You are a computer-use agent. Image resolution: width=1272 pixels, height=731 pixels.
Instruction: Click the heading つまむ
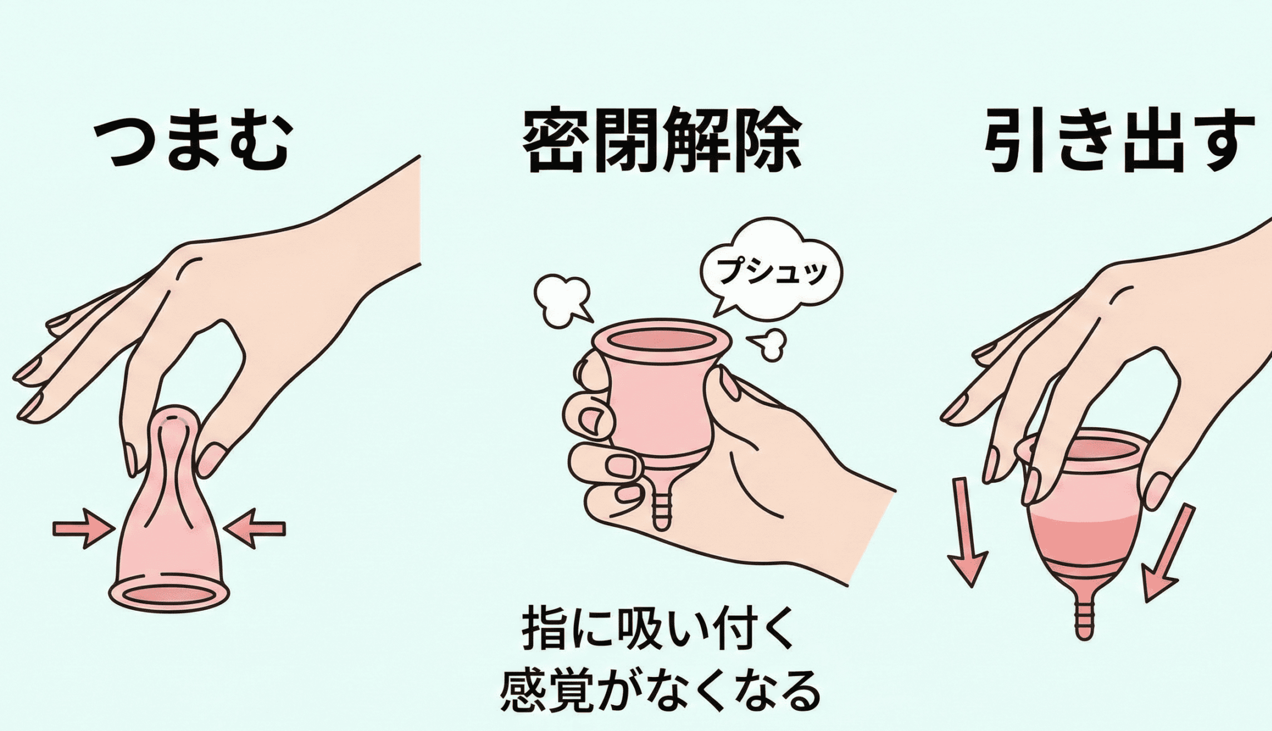(191, 142)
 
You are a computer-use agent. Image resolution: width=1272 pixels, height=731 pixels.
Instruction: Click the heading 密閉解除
(662, 139)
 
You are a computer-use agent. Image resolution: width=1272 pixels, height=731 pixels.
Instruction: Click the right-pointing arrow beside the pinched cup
(83, 529)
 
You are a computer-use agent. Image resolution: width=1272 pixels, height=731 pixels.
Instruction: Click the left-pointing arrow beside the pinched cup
(254, 529)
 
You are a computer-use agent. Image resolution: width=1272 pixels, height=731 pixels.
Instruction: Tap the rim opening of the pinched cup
(169, 595)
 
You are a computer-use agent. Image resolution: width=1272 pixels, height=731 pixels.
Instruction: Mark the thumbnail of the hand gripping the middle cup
(729, 384)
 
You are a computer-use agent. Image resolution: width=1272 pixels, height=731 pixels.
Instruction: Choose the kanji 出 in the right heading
(1154, 140)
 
